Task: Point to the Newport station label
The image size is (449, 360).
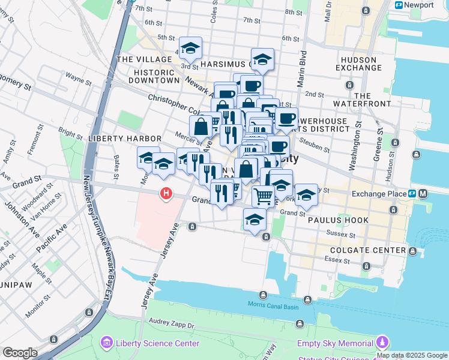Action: coord(421,5)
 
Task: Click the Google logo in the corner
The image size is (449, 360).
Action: coord(20,353)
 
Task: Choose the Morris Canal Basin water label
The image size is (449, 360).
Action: coord(273,304)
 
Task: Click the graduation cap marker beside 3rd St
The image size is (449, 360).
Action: coord(190,48)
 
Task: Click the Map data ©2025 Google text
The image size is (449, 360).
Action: coord(412,355)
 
